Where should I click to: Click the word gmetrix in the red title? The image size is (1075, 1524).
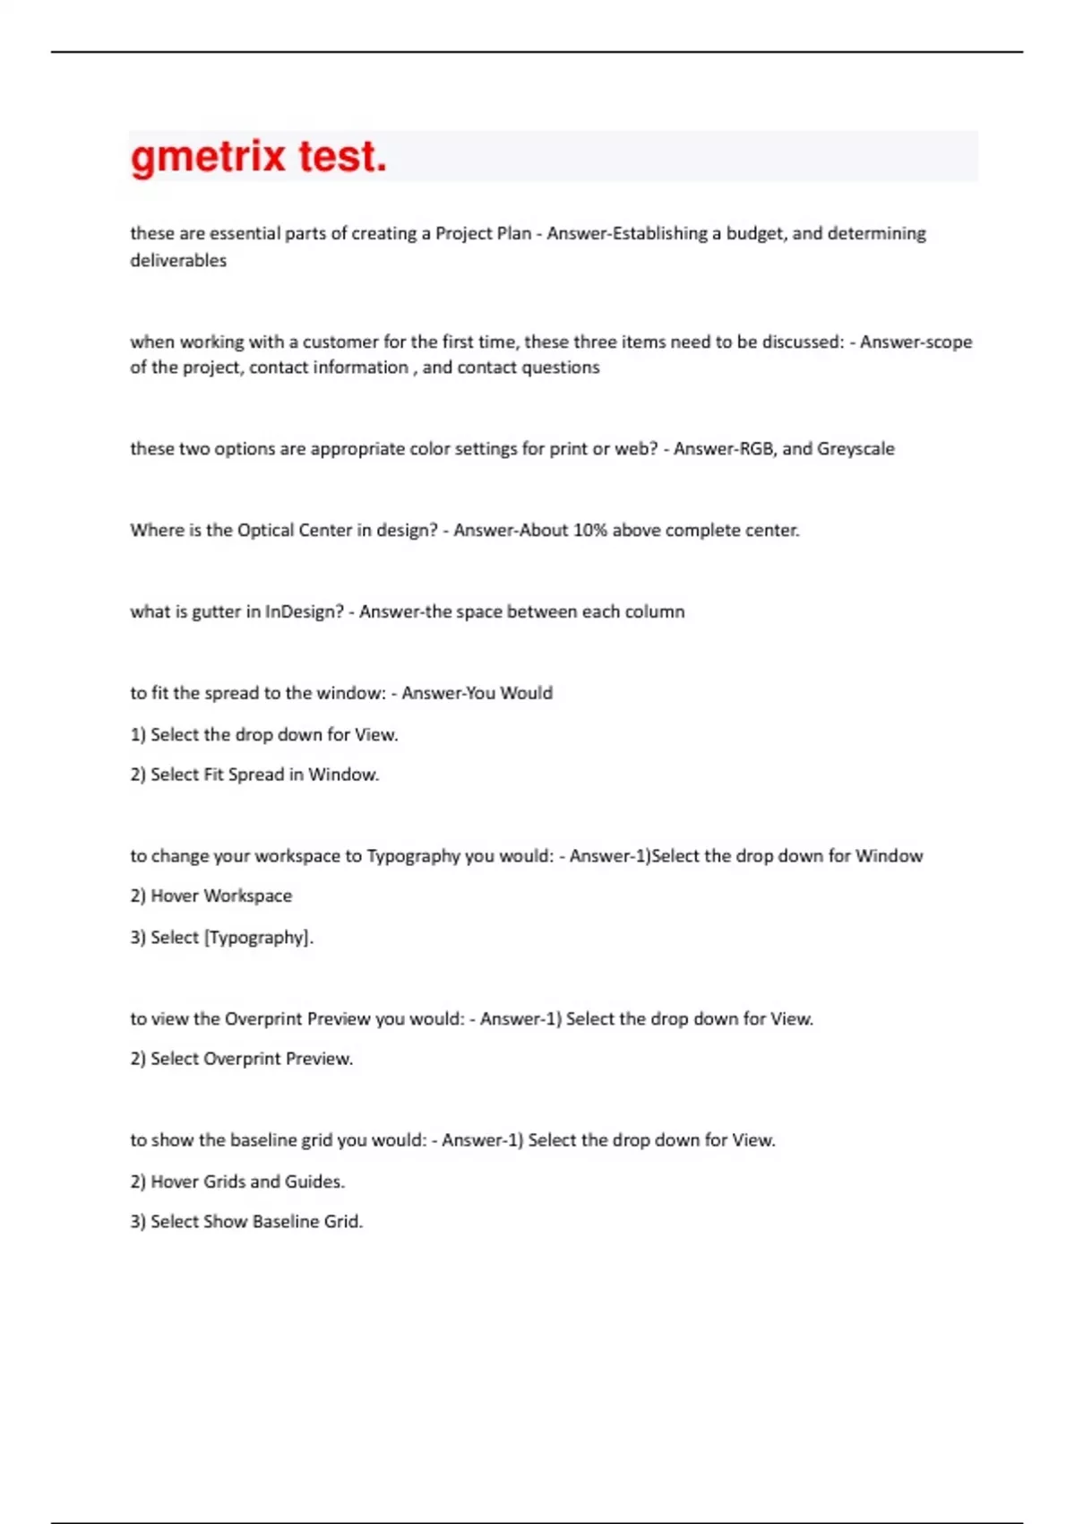tap(208, 158)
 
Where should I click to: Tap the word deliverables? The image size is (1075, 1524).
tap(178, 261)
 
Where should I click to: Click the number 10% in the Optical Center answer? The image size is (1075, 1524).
tap(590, 531)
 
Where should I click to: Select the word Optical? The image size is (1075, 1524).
tap(265, 531)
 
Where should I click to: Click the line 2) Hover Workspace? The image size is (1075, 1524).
tap(211, 896)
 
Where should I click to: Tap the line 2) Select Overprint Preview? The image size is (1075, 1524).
tap(242, 1059)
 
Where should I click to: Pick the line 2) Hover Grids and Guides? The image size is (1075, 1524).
tap(237, 1182)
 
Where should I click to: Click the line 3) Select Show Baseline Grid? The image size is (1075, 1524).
tap(246, 1222)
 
